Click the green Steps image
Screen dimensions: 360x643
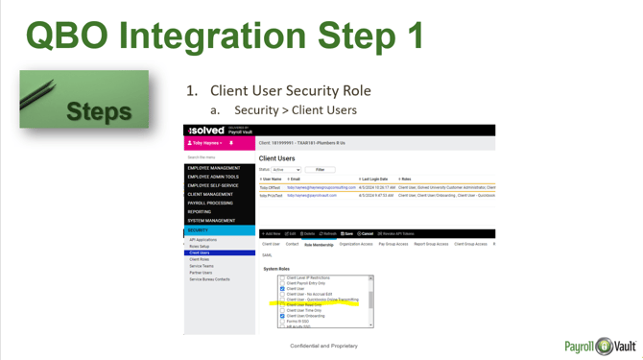coord(84,100)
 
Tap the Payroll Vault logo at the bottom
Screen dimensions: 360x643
coord(600,346)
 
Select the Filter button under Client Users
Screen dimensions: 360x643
coord(320,170)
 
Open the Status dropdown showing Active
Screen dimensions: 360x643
coord(286,170)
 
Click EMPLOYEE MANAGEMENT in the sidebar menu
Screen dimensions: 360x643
coord(214,168)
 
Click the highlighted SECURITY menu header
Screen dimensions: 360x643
coord(199,230)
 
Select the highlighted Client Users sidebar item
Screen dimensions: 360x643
coord(200,253)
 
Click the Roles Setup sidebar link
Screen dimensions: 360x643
coord(200,247)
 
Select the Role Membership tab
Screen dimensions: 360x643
coord(319,245)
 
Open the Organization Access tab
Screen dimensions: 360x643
coord(355,245)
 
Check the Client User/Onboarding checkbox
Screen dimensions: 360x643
coord(282,316)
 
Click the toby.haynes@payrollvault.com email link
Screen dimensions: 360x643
coord(312,196)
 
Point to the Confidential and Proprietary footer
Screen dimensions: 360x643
coord(323,346)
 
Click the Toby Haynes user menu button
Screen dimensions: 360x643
coord(205,143)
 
